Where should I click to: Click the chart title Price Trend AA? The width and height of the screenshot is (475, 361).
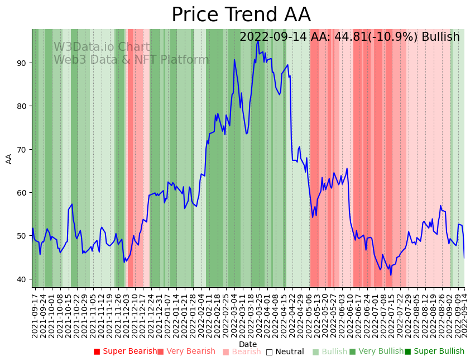pos(241,15)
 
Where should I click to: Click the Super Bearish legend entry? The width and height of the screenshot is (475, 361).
pos(126,351)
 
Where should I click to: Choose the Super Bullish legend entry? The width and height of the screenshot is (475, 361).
pos(434,351)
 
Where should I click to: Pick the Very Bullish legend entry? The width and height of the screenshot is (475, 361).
pos(376,351)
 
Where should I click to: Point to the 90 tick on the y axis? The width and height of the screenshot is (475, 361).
pos(21,63)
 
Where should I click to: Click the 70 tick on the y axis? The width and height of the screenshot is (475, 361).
pos(21,149)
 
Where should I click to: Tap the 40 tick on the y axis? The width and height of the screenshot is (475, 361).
pos(21,279)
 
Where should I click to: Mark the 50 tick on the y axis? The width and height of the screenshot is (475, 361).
pos(21,236)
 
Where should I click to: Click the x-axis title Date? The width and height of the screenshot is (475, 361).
pos(248,345)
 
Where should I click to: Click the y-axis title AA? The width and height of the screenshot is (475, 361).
pos(9,158)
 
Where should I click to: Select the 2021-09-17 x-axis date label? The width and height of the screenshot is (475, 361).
pos(35,314)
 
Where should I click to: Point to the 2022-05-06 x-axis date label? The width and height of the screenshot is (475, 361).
pos(309,314)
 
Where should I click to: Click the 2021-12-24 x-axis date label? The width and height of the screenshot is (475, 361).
pos(150,314)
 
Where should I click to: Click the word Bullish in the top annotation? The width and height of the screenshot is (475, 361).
pos(440,37)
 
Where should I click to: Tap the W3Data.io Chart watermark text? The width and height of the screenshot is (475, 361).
pos(102,47)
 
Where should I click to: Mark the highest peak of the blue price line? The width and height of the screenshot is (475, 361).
pos(258,41)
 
